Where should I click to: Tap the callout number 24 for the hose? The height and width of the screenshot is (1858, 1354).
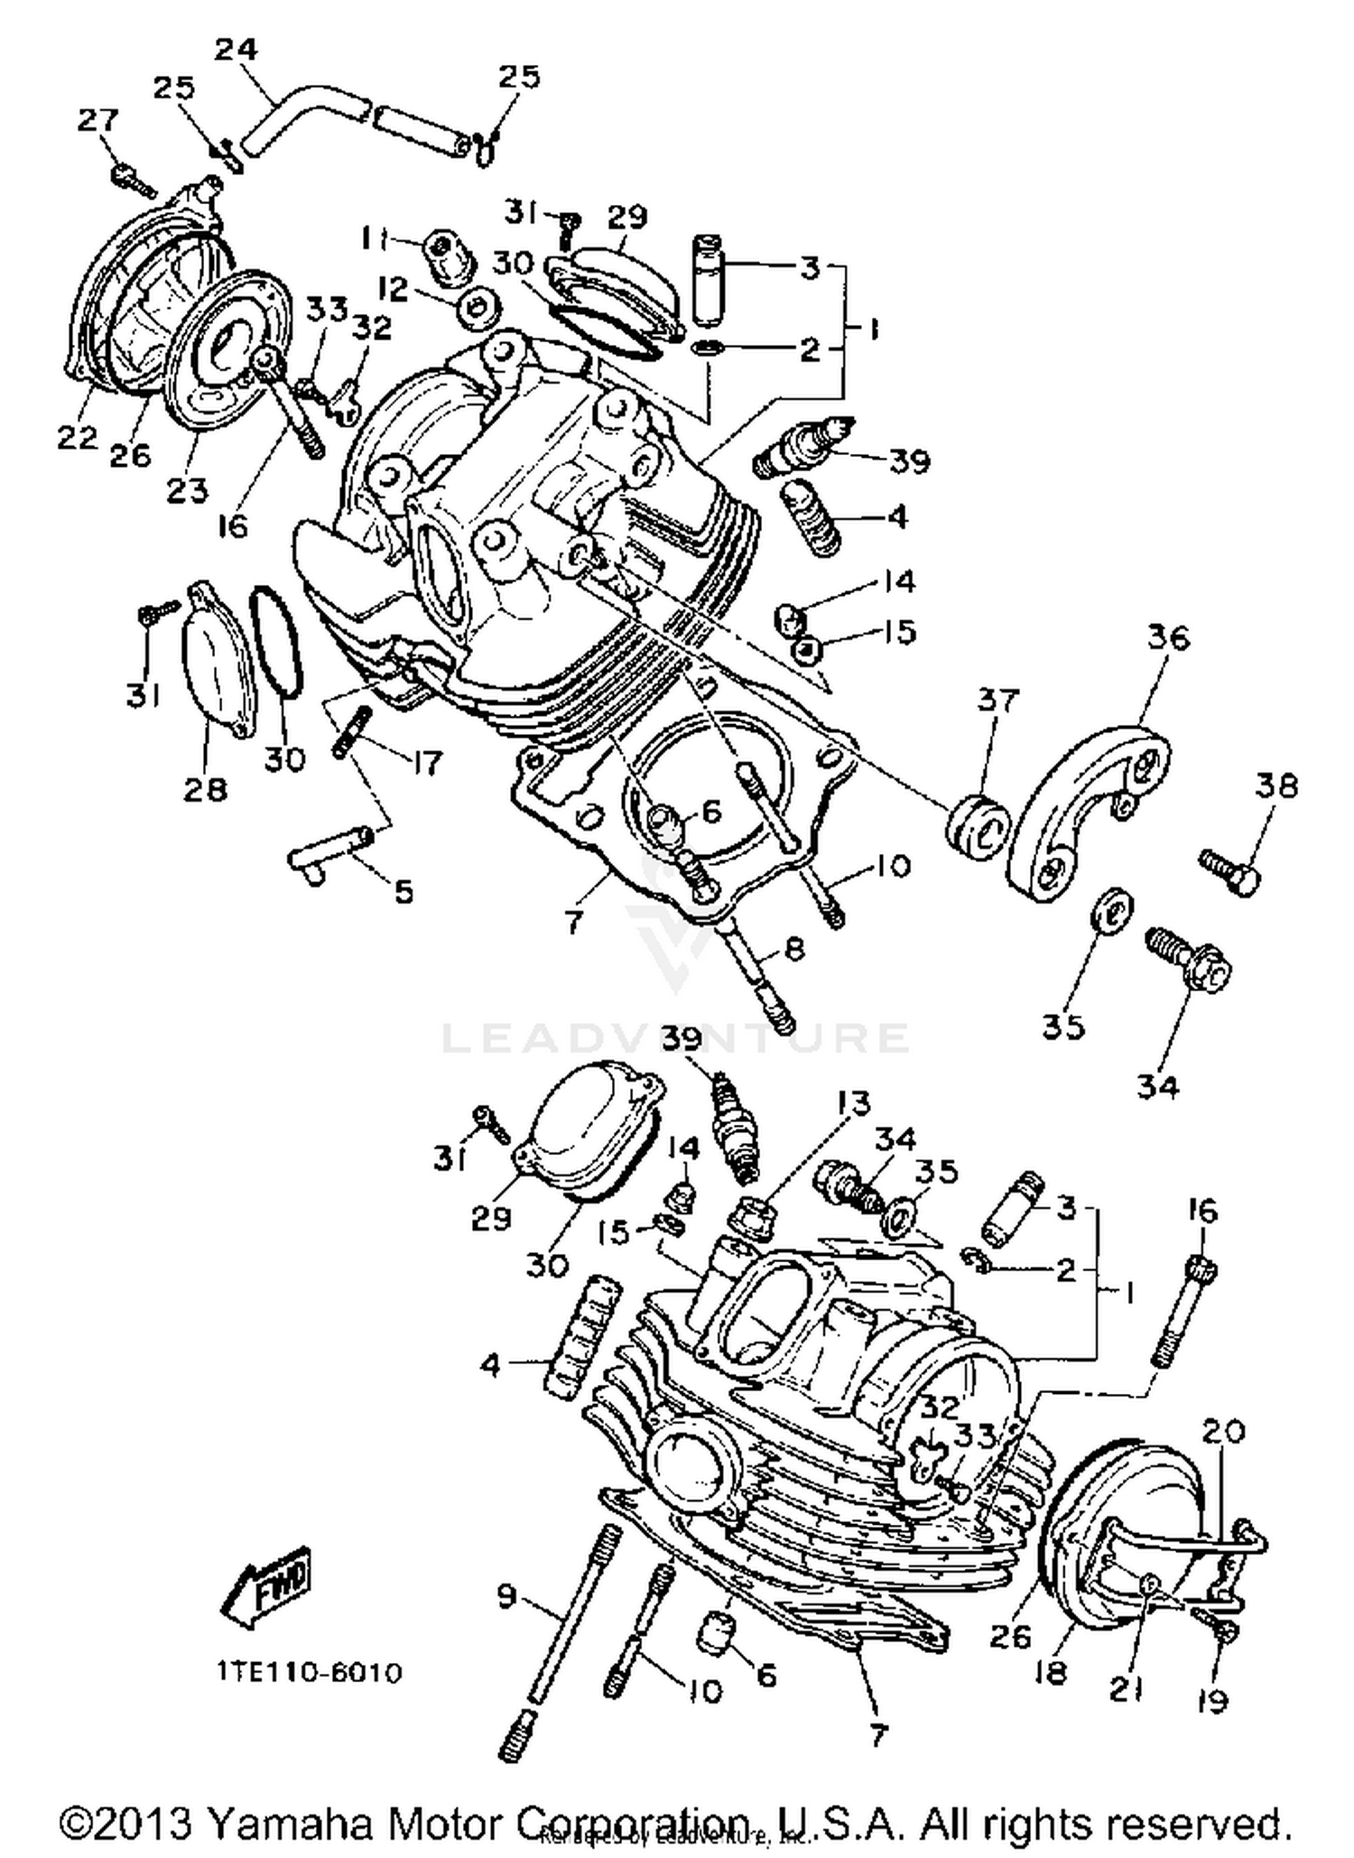[x=236, y=49]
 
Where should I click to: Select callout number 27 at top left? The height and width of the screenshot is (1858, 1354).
[x=97, y=120]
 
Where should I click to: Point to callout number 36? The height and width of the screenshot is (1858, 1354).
[x=1169, y=637]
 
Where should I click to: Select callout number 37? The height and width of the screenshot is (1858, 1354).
[x=997, y=700]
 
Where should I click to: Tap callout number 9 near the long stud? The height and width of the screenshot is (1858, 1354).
[x=507, y=1596]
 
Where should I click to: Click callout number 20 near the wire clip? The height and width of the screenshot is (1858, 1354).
[x=1224, y=1431]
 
